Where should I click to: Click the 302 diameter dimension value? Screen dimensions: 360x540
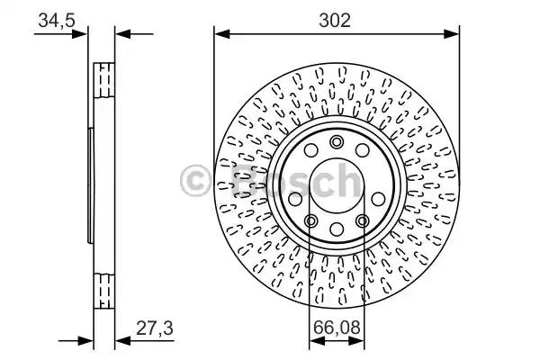[336, 19]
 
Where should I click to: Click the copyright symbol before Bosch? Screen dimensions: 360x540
[195, 180]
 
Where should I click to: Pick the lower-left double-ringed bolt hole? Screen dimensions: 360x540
[310, 220]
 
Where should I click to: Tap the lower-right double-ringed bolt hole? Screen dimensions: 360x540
[363, 220]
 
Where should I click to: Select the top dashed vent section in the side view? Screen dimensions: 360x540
[103, 81]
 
